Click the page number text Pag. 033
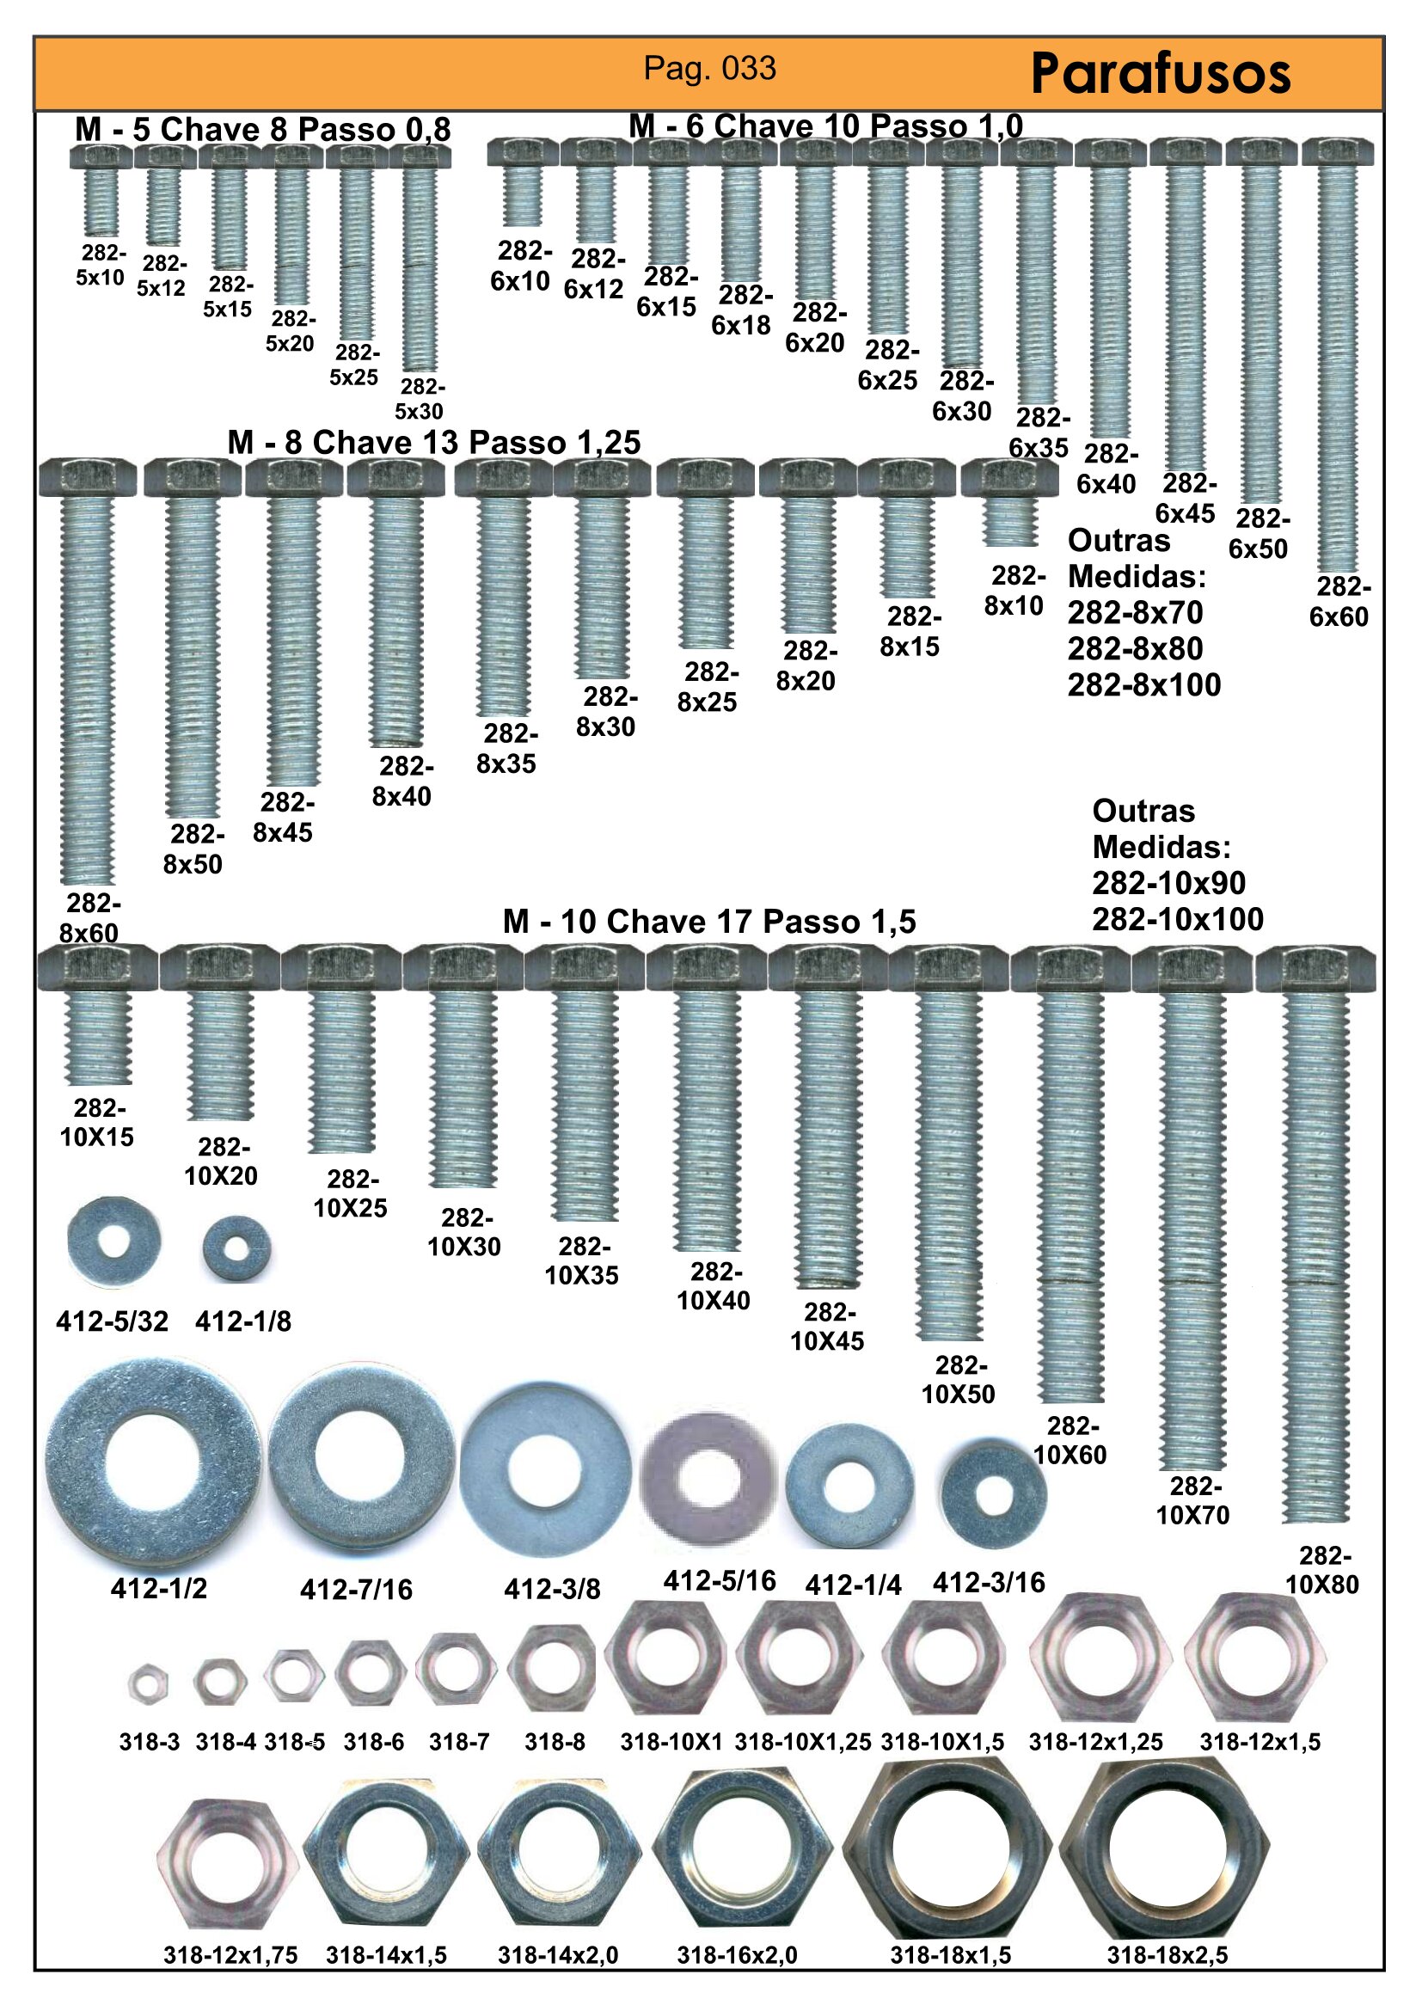coord(710,68)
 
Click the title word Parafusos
coord(1161,74)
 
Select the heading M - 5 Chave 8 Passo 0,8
coord(263,130)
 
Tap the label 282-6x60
coord(1339,602)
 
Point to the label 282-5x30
coord(420,399)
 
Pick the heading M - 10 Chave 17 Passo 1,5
coord(709,922)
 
